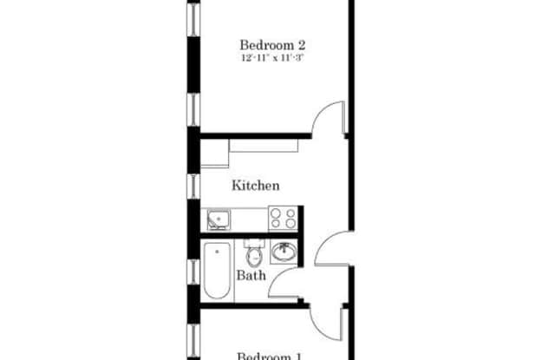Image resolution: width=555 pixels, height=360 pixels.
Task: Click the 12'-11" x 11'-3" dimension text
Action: [272, 59]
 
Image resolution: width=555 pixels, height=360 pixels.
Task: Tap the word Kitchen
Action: [255, 185]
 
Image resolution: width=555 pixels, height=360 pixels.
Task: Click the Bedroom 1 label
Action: [270, 354]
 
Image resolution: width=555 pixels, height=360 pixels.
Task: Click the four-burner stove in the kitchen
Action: [284, 218]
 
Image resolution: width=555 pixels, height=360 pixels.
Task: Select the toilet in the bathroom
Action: [254, 257]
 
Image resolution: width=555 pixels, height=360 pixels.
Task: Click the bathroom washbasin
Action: [284, 252]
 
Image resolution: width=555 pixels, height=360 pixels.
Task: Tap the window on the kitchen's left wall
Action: [193, 184]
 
